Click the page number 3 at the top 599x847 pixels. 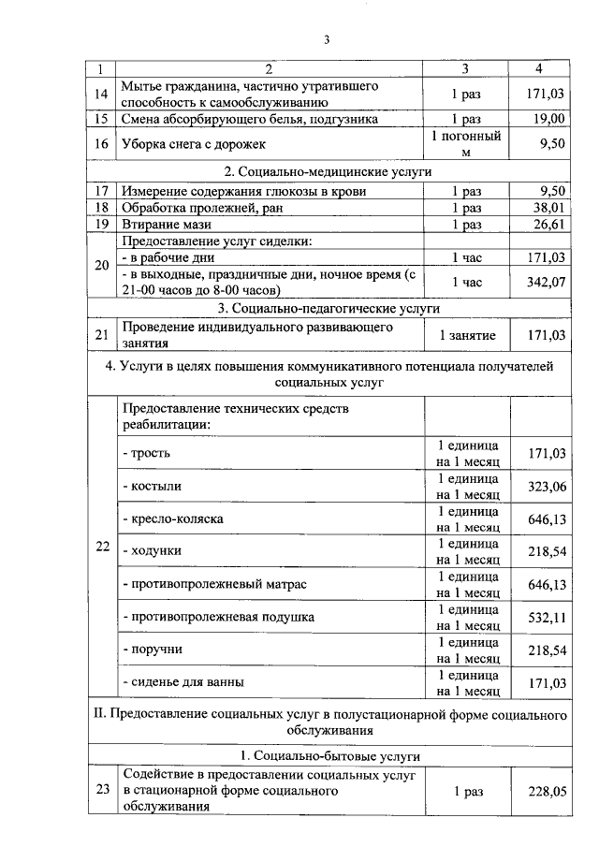(x=327, y=39)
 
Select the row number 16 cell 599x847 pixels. (x=102, y=144)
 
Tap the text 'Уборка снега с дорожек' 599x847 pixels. (x=194, y=144)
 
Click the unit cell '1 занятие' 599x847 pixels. (x=466, y=335)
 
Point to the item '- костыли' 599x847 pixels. (x=152, y=487)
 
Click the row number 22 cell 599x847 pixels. (x=102, y=548)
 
